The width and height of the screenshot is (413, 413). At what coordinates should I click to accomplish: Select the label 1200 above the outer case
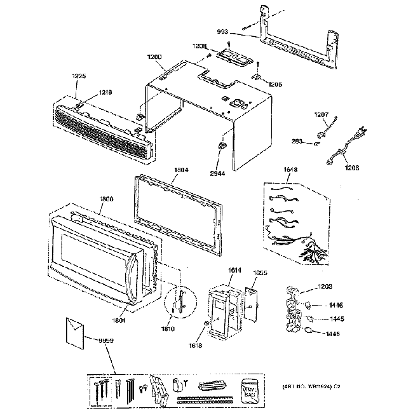156,57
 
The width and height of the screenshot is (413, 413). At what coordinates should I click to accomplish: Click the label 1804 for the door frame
181,170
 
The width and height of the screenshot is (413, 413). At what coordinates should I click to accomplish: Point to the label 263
297,142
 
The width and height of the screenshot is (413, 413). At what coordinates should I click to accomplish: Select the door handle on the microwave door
133,280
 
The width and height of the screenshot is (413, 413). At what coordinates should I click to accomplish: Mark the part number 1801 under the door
120,322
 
